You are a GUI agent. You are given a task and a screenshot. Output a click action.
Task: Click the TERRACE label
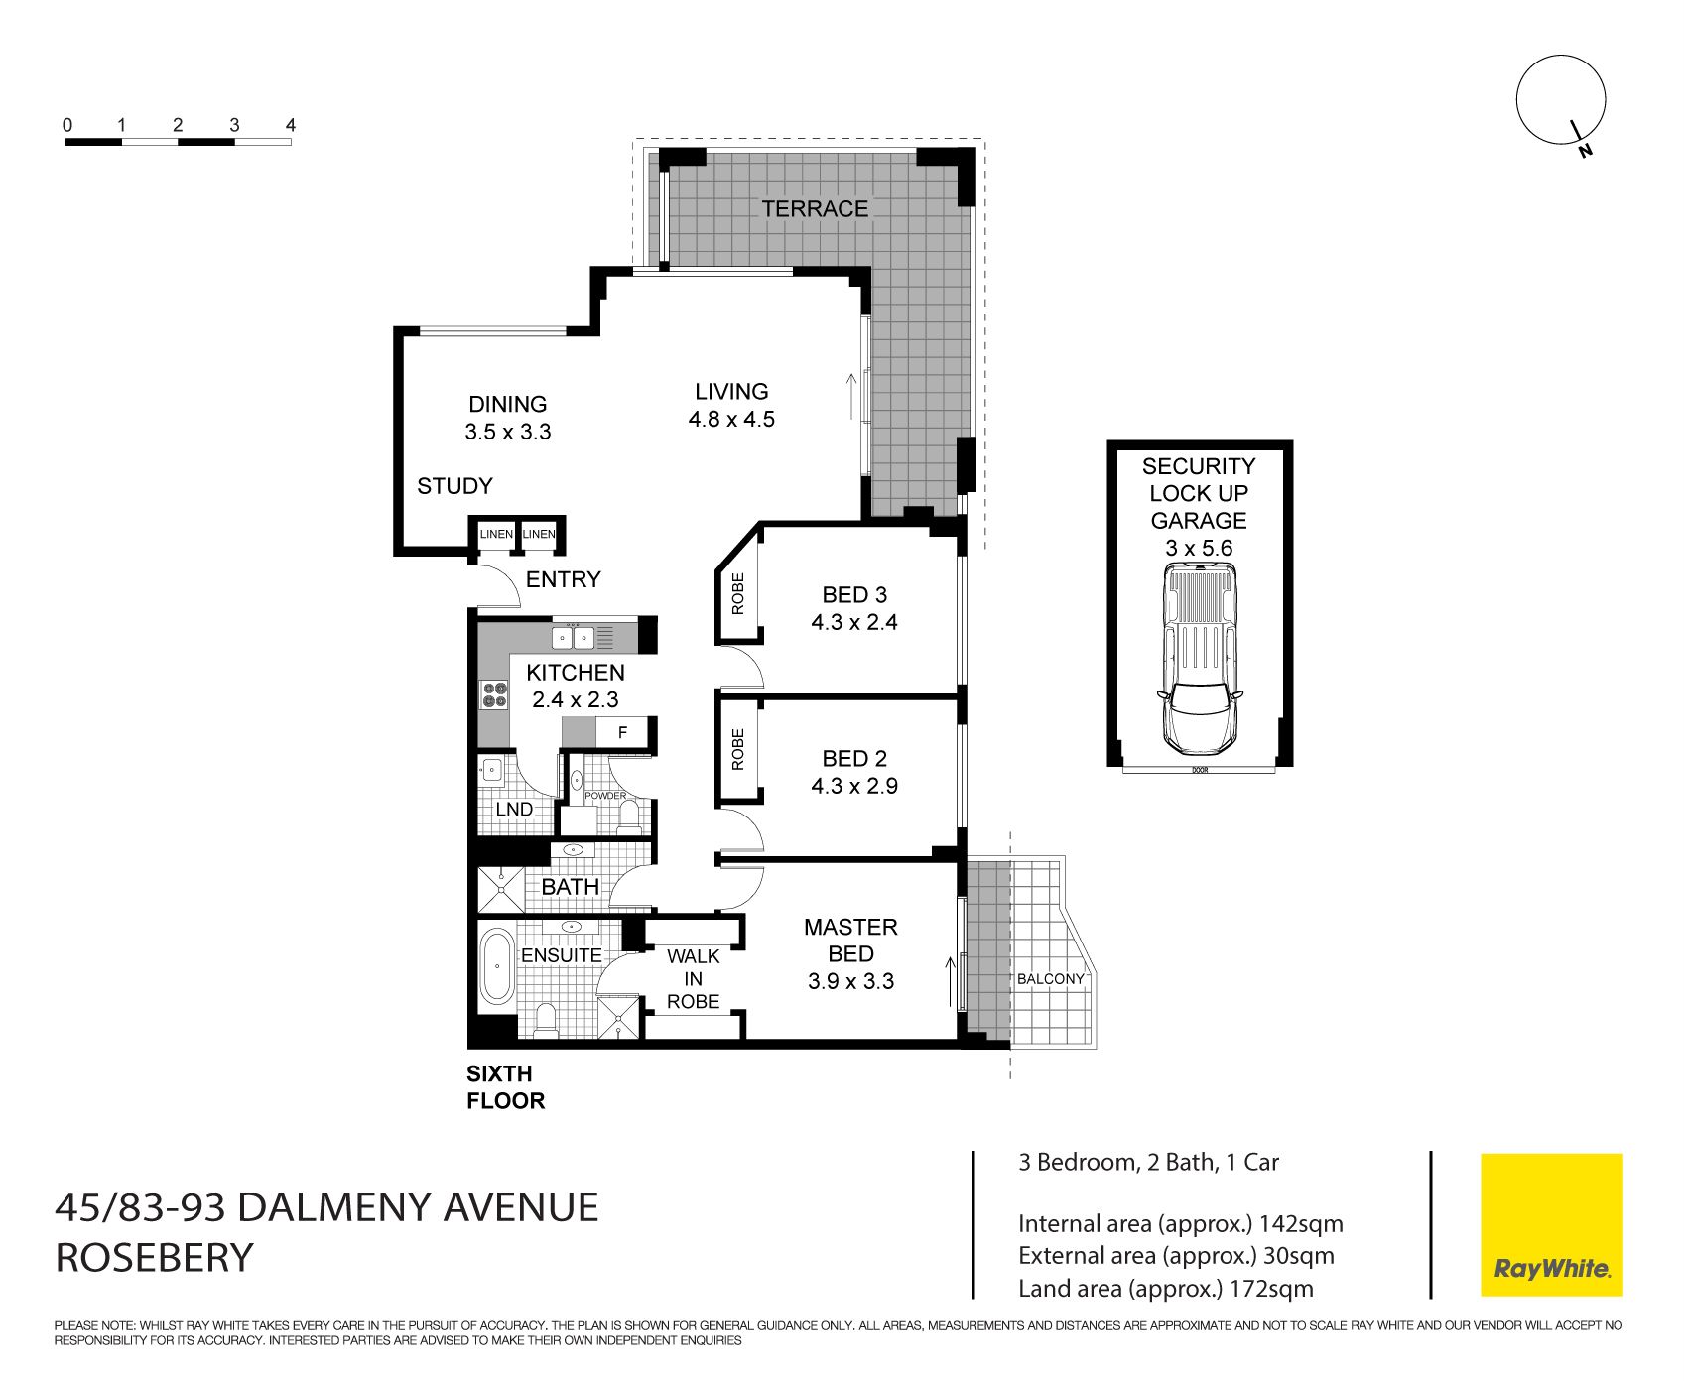[815, 208]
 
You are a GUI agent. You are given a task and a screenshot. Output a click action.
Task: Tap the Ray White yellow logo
[1551, 1224]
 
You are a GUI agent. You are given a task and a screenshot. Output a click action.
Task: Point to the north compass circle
[1560, 100]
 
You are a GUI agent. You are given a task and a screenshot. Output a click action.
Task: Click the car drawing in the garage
[1200, 659]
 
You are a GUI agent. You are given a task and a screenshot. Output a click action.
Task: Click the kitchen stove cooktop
[493, 694]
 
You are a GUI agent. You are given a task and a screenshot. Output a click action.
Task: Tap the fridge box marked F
[622, 733]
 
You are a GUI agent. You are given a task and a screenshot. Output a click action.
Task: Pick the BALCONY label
[1050, 979]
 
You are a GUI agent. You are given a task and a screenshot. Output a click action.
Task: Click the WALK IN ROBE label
[693, 978]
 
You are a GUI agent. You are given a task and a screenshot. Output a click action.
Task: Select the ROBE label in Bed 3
[737, 594]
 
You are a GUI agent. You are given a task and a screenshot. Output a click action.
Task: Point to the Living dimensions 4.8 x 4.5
[731, 419]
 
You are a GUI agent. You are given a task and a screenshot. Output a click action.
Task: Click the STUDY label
[454, 486]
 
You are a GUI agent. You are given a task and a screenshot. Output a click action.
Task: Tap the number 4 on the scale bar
[290, 125]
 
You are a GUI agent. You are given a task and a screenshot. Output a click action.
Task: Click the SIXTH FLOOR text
[506, 1087]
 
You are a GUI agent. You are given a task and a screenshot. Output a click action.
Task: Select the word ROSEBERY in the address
[155, 1258]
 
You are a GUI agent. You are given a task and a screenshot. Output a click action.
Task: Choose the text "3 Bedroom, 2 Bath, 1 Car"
[1148, 1162]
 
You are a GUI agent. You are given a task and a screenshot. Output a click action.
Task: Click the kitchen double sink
[574, 637]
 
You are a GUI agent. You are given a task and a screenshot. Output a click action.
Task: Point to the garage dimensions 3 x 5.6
[1199, 548]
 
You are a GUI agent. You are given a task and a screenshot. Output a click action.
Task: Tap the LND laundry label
[514, 809]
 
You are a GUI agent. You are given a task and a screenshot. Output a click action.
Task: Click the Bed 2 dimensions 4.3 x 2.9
[854, 786]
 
